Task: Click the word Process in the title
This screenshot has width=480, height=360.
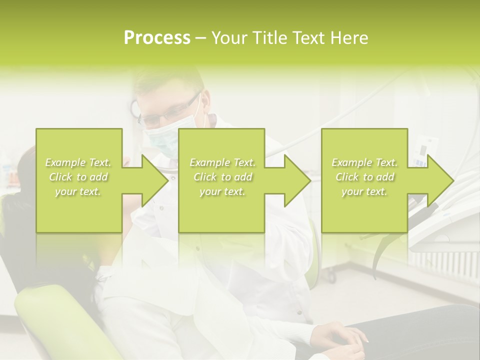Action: tap(157, 38)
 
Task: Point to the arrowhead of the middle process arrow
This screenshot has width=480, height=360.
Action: tap(296, 180)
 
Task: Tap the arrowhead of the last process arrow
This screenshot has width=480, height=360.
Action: tap(439, 180)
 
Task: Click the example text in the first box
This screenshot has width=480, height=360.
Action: tap(78, 177)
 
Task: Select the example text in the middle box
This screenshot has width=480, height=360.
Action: tap(222, 177)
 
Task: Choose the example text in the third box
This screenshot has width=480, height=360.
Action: tap(364, 177)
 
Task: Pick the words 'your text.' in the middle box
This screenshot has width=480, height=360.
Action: tap(222, 191)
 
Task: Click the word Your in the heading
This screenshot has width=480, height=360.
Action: tap(229, 38)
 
